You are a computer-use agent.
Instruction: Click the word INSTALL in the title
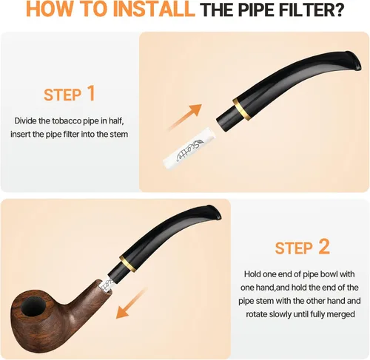tap(153, 10)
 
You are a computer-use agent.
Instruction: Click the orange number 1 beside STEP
tap(91, 93)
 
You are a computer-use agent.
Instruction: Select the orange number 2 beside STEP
tap(323, 246)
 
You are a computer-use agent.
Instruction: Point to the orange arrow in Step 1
tap(185, 118)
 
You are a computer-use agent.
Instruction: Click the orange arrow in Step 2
tap(132, 303)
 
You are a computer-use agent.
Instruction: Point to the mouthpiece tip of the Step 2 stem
tap(214, 211)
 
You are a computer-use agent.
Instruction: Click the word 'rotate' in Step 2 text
tap(257, 314)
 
